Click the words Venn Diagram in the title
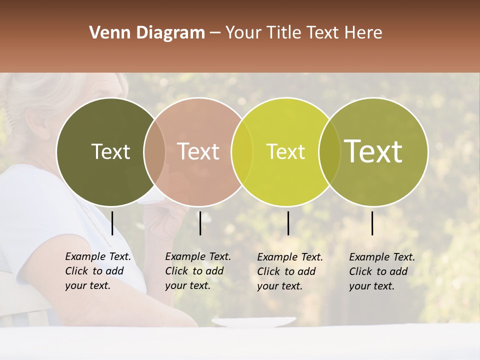147,33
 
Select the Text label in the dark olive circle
110,151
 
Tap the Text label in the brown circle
198,151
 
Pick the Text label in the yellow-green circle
285,151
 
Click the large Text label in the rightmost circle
373,151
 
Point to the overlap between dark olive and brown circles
154,151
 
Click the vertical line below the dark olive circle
112,223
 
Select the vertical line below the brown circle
200,223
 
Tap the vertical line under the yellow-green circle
288,223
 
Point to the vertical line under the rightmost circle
372,223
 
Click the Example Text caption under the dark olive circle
97,271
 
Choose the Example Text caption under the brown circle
197,271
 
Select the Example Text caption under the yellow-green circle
289,271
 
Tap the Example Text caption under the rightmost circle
381,271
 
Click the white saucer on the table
253,322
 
